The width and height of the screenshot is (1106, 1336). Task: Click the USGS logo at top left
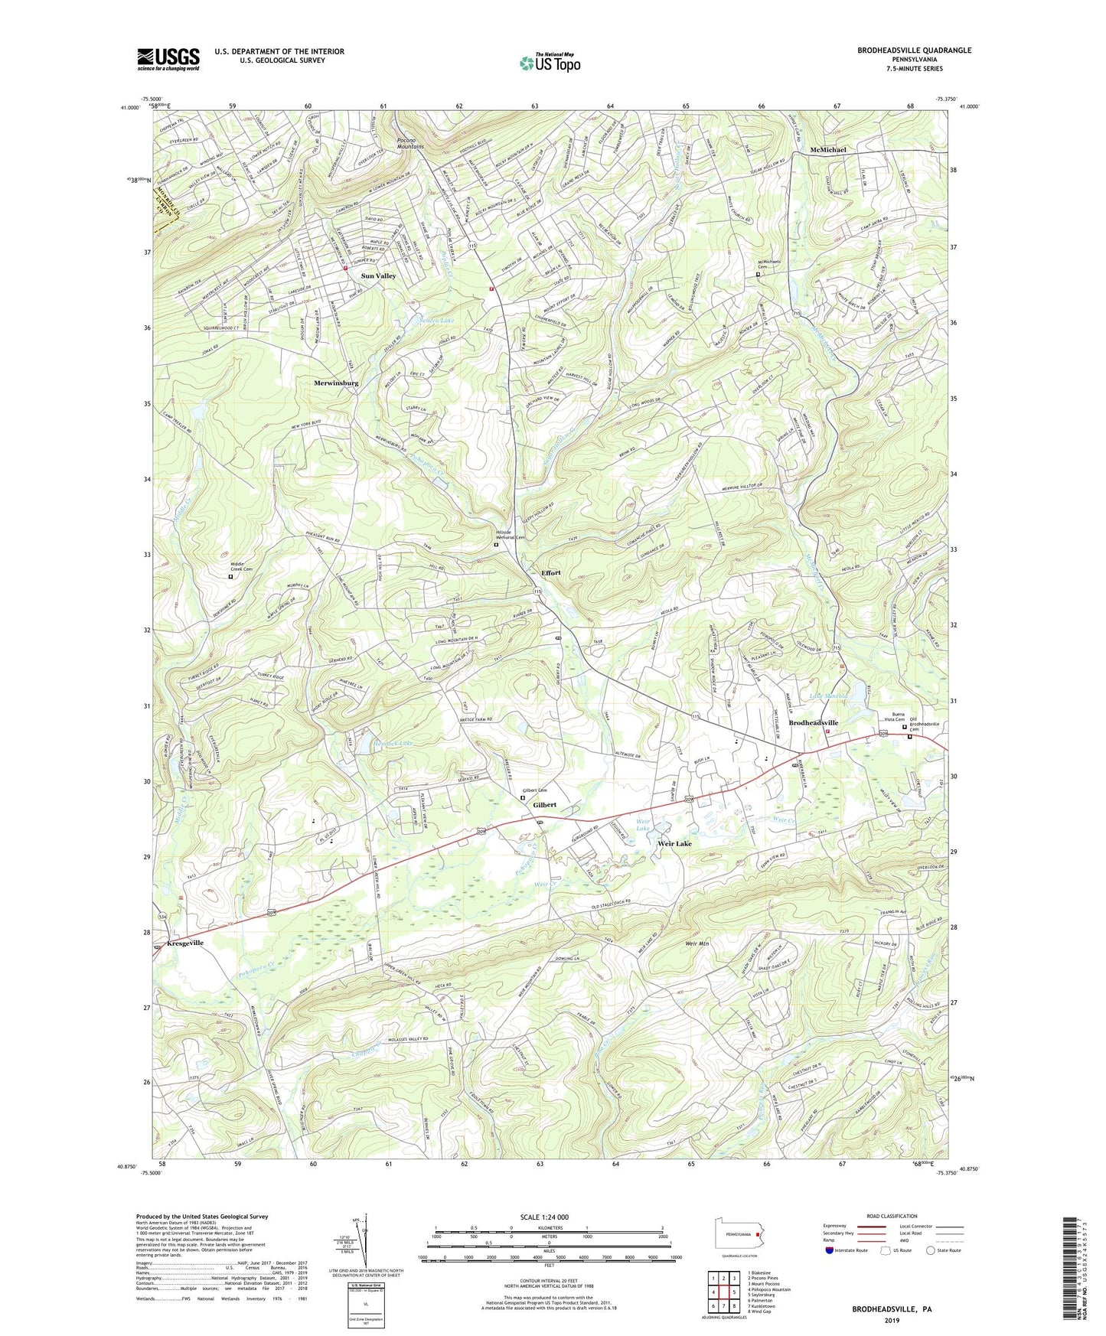coord(168,58)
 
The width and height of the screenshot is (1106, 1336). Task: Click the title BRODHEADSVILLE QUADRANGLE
coord(914,51)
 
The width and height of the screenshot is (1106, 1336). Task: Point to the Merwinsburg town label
coord(335,383)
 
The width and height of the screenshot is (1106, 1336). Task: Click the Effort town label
coord(550,573)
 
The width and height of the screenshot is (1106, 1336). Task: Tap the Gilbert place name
coord(544,805)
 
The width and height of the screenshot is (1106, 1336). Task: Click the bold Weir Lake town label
coord(674,843)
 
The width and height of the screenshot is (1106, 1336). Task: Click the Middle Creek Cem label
coord(243,567)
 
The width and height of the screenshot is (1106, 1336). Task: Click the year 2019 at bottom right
coord(892,1321)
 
